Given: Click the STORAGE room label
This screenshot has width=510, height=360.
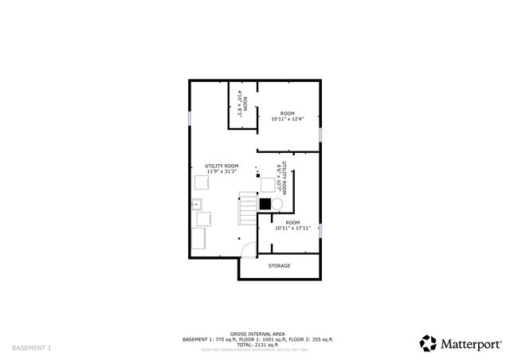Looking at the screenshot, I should click(279, 266).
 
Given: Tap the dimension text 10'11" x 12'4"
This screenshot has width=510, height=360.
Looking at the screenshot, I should click(288, 119).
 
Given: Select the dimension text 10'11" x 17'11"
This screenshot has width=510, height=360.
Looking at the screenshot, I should click(292, 229).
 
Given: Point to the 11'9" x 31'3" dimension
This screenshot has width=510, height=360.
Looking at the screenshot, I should click(222, 171).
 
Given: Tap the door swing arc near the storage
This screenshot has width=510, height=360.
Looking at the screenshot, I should click(249, 248).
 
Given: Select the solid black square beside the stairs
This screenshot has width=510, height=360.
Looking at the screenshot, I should click(265, 202).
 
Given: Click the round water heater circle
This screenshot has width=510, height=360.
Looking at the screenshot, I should click(277, 203).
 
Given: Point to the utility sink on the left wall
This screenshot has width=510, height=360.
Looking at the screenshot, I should click(196, 204).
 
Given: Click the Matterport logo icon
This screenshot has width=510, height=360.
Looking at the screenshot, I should click(428, 342).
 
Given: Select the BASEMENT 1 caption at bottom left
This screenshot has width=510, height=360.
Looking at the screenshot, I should click(32, 348).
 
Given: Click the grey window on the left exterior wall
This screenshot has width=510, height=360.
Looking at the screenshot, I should click(189, 118).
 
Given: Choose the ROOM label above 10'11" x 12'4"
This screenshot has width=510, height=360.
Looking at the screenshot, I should click(288, 114).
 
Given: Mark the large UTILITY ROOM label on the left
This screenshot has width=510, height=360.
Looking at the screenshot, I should click(222, 166).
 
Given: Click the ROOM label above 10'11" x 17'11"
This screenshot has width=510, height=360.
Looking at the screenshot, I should click(292, 222).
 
